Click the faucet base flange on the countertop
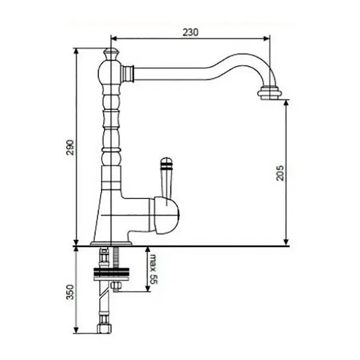point(111,242)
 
